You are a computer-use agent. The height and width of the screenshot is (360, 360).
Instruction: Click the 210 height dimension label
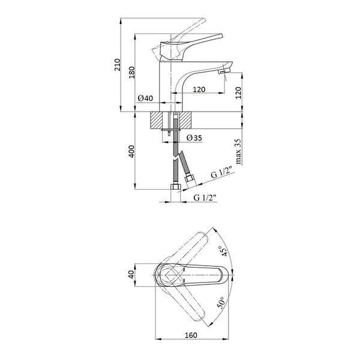click(x=118, y=65)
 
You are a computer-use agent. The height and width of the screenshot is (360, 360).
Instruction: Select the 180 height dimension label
click(x=131, y=73)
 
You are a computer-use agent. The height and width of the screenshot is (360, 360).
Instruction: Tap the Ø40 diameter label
click(x=145, y=98)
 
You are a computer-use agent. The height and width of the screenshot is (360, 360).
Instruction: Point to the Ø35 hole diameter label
click(x=194, y=138)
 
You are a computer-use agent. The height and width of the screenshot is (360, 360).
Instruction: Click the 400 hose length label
click(x=131, y=151)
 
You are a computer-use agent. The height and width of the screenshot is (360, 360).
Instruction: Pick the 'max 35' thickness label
click(x=238, y=151)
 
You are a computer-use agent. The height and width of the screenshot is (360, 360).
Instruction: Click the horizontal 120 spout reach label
click(x=199, y=89)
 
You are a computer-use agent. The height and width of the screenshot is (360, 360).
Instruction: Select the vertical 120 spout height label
click(x=239, y=93)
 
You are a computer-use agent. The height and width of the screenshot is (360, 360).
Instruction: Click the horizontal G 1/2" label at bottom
click(x=205, y=197)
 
